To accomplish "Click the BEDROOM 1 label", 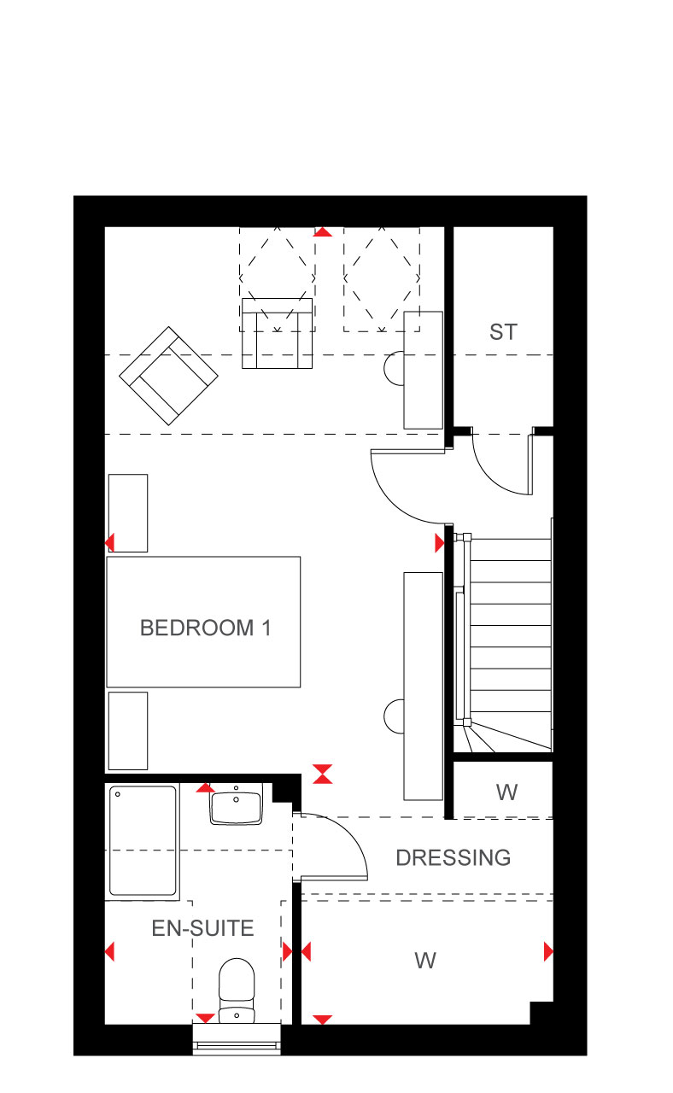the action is click(205, 628).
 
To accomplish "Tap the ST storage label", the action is click(503, 332).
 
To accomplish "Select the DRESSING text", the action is click(454, 858).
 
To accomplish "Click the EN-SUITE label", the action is click(202, 928).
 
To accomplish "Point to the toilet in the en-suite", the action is click(237, 991).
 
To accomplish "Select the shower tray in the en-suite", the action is click(143, 841).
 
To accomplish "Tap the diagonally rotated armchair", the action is click(169, 376).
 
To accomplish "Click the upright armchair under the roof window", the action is click(278, 333).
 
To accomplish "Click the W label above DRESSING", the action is click(507, 792).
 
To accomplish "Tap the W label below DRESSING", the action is click(425, 961).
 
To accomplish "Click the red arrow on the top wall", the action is click(323, 231).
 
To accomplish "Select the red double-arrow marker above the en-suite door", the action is click(323, 774).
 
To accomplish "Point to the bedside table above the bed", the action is click(128, 513).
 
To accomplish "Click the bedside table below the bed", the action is click(128, 730).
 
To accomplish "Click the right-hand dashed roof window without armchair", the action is click(382, 279).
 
